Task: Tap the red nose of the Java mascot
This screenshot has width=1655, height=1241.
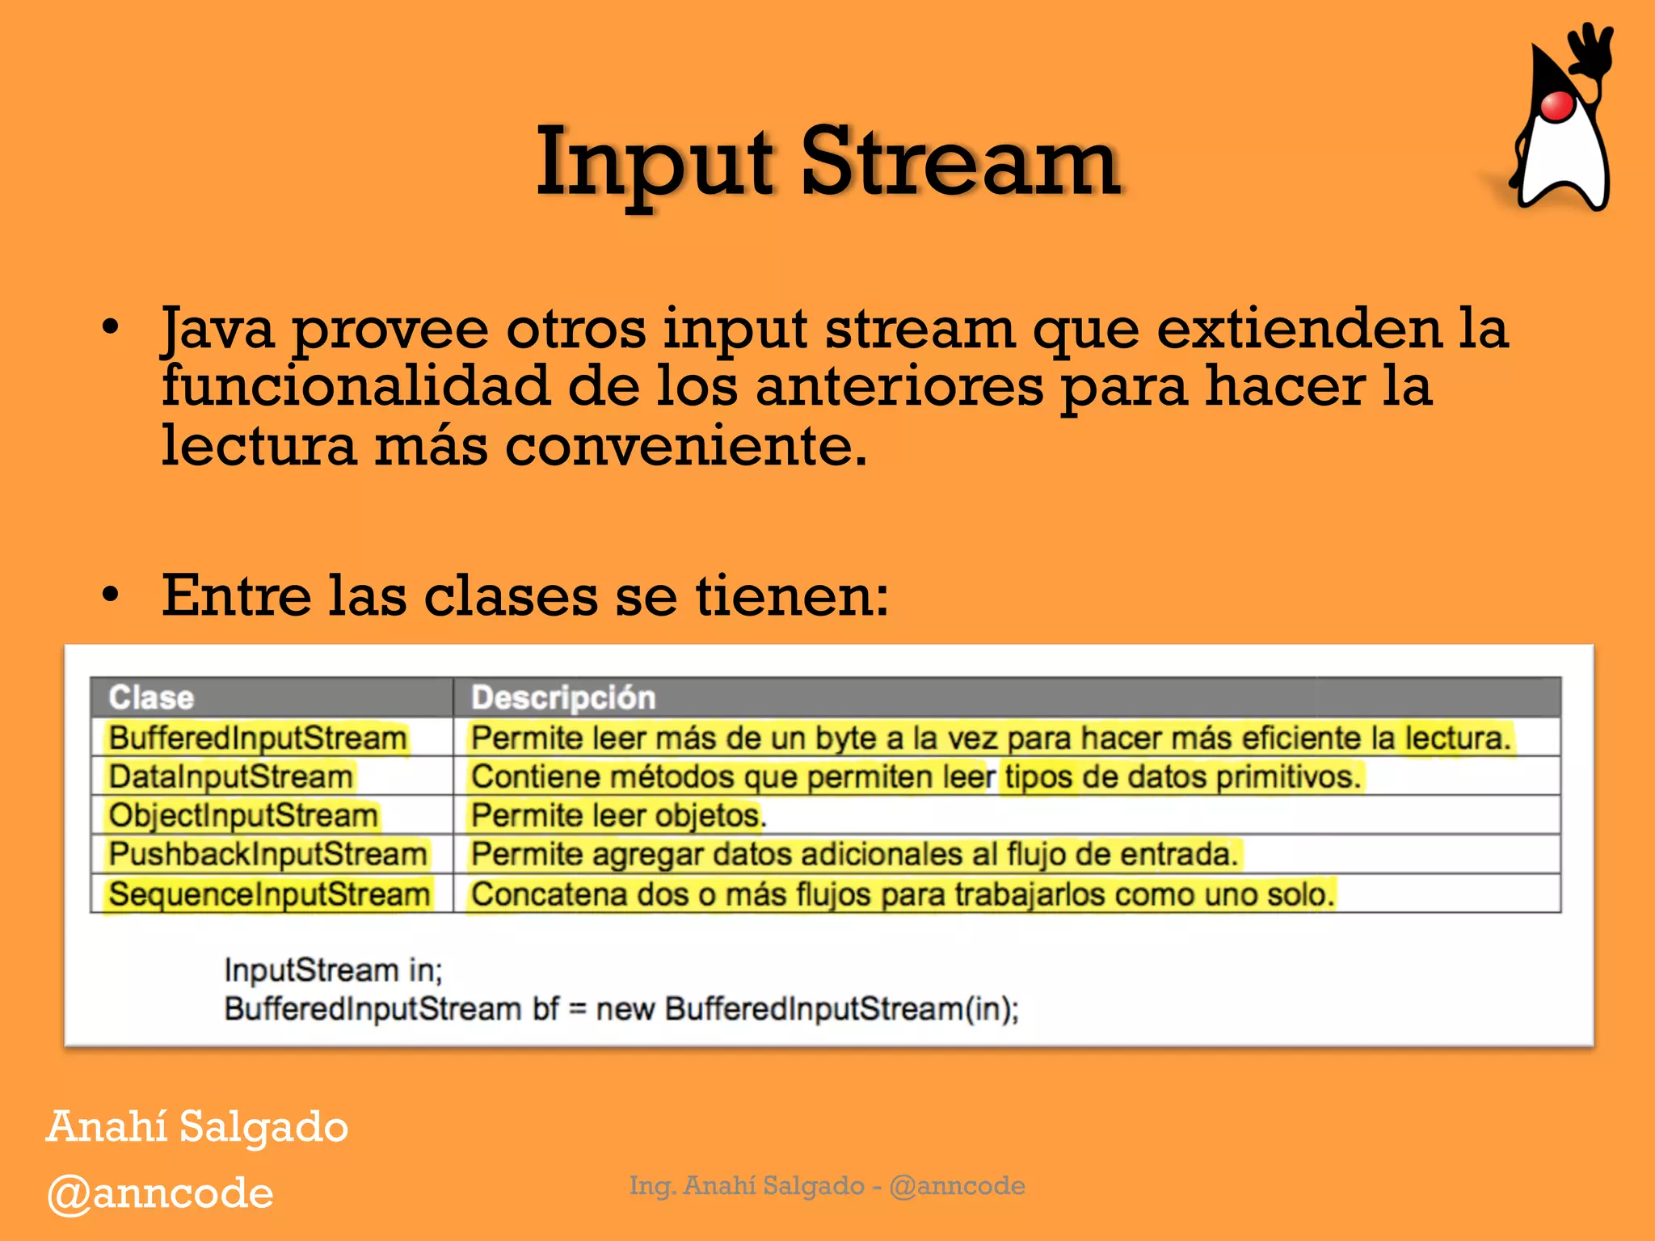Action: (1556, 106)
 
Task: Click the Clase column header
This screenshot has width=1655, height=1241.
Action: (151, 697)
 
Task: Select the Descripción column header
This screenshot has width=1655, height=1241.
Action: (562, 697)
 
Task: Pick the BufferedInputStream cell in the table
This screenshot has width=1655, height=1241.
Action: (258, 738)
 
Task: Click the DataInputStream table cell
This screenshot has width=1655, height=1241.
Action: (231, 776)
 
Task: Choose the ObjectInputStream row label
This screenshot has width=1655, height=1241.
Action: (243, 815)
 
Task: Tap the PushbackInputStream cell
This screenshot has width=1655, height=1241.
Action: (267, 854)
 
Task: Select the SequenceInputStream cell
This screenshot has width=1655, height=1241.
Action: (269, 894)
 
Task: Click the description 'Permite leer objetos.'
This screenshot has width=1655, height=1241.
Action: (618, 815)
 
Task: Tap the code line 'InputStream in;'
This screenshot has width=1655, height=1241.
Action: (334, 970)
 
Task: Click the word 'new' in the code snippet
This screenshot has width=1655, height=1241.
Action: (625, 1009)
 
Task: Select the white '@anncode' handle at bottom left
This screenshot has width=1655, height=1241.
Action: (160, 1193)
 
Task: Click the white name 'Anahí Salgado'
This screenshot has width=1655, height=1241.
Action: (197, 1126)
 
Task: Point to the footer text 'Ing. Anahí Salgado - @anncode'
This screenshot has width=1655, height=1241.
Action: (827, 1185)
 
